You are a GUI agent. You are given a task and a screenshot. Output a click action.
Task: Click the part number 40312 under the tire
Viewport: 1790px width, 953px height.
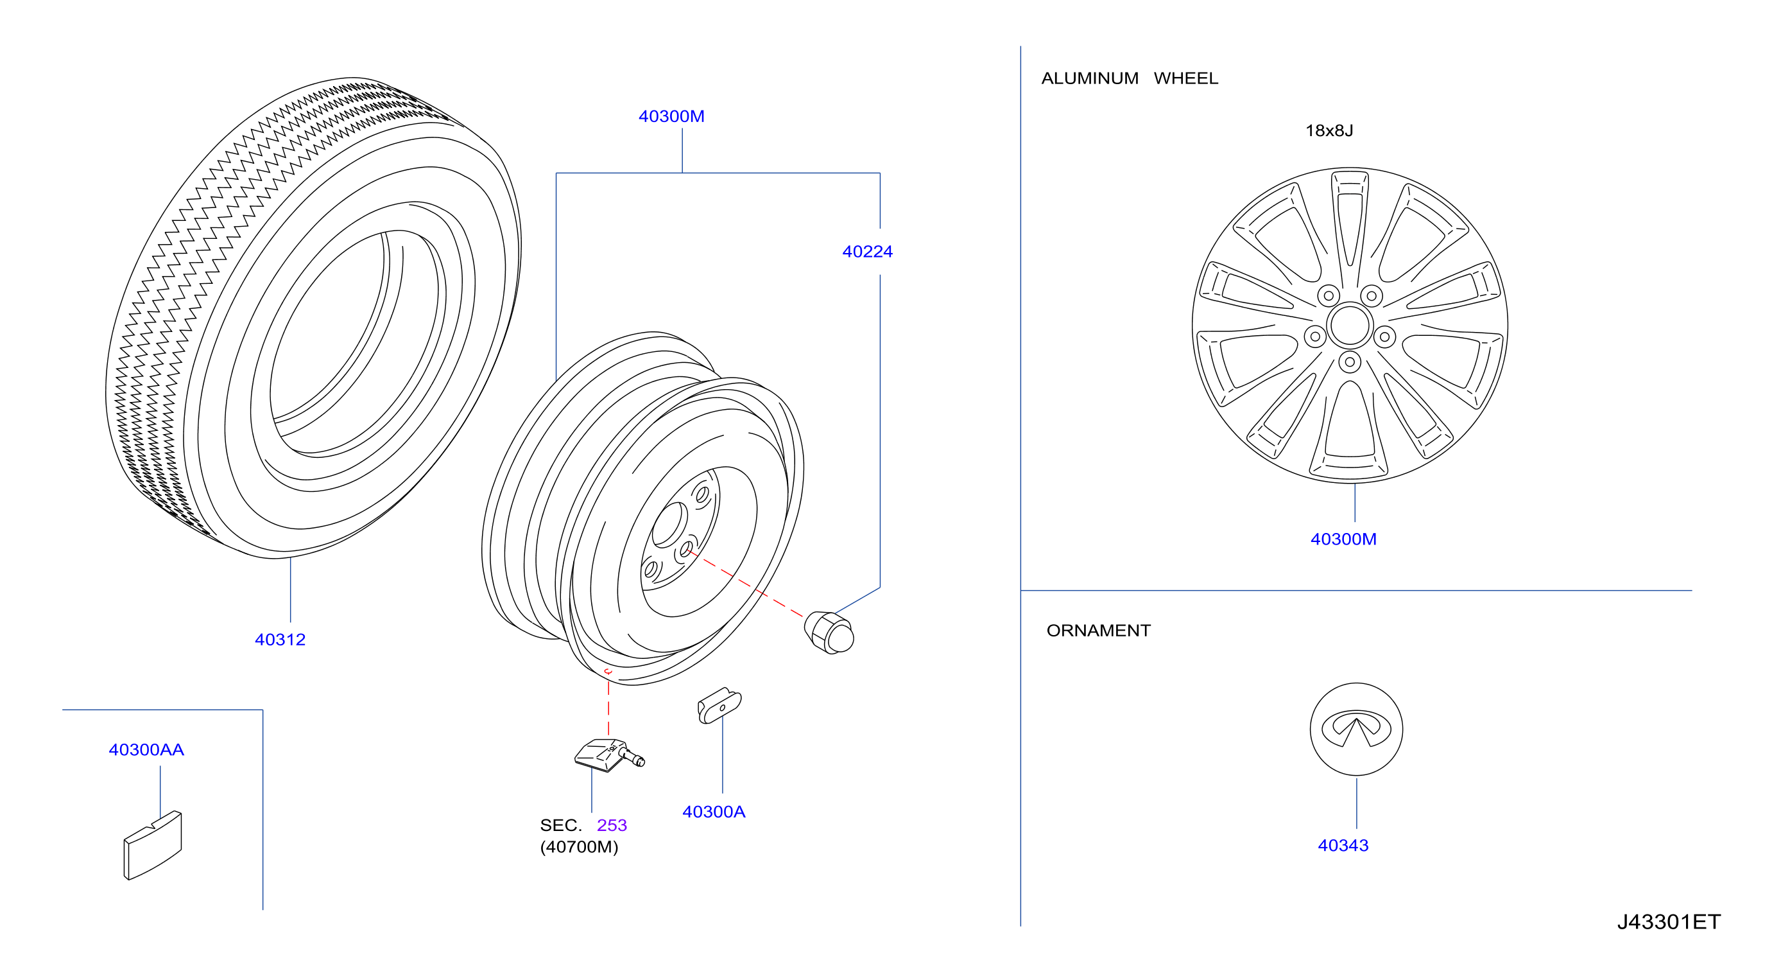click(280, 640)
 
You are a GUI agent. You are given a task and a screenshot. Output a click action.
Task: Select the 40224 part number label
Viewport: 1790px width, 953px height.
click(867, 252)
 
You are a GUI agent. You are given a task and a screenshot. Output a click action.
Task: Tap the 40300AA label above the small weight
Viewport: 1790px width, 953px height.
click(146, 750)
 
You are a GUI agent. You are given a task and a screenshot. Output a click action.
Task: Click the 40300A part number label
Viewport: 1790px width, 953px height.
click(714, 812)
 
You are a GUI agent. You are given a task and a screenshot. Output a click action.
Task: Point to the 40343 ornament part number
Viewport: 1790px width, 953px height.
click(1343, 846)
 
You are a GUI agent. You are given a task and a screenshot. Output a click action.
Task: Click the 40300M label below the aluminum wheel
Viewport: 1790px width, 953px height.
click(1343, 539)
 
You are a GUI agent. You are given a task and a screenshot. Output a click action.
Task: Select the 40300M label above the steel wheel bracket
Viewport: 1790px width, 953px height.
click(671, 117)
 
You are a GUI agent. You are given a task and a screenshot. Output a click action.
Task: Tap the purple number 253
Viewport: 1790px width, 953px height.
click(612, 826)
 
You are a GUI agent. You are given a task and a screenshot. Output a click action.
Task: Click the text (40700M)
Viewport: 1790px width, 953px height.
click(579, 847)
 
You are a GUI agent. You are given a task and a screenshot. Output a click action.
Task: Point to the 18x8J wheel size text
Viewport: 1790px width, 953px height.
click(1329, 130)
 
